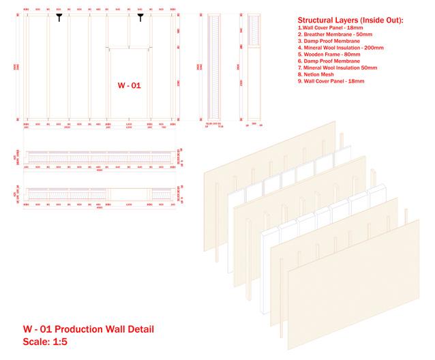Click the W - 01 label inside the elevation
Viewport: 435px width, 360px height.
[128, 87]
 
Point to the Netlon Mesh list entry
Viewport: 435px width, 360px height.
[319, 74]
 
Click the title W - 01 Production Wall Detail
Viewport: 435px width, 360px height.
[89, 330]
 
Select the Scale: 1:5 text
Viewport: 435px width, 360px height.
[46, 344]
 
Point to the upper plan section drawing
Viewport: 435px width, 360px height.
[100, 156]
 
